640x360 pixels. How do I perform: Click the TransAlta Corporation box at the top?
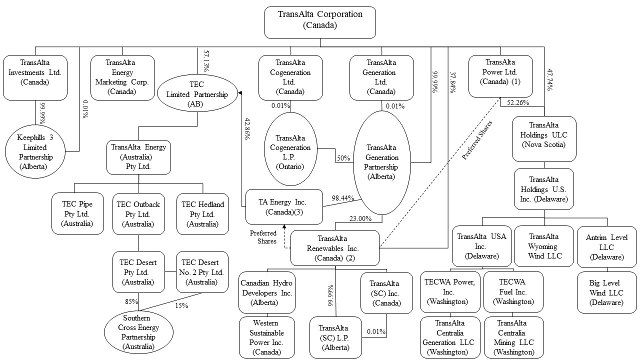coord(320,22)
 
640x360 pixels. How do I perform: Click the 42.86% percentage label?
coord(247,129)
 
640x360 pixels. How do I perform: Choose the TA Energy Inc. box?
coord(284,206)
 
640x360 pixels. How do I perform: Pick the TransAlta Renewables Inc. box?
coord(335,248)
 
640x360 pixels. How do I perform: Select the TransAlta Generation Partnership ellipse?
coord(382,162)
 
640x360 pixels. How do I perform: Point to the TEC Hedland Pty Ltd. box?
coord(202,214)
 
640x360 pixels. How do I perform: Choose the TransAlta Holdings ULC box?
coord(544,139)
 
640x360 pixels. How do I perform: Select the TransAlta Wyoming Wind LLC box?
coord(544,246)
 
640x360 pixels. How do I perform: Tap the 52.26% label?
coord(517,103)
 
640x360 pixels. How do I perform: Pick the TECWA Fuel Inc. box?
coord(513,292)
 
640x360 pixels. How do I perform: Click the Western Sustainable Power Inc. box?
coord(267,337)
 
